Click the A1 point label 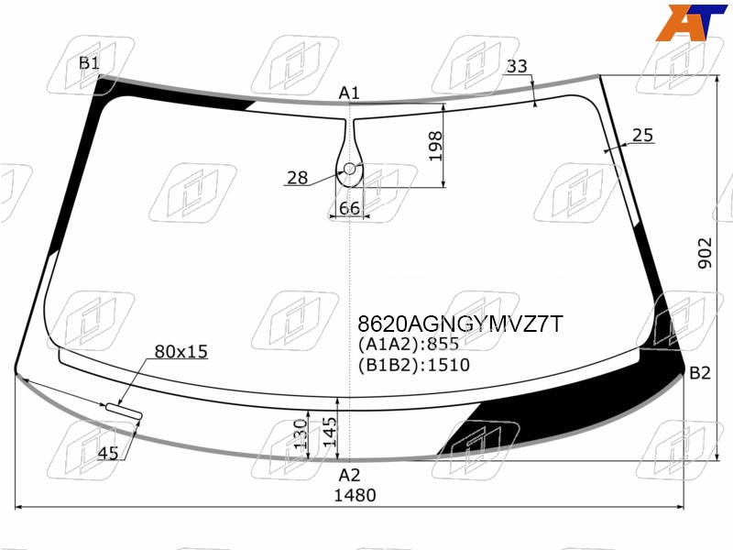(349, 93)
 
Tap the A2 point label (349, 475)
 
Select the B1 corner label (89, 62)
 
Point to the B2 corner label (700, 373)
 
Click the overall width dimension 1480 (355, 495)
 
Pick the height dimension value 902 (705, 253)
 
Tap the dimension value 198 (434, 146)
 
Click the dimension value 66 (349, 208)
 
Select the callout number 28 (297, 178)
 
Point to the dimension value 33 (517, 66)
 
